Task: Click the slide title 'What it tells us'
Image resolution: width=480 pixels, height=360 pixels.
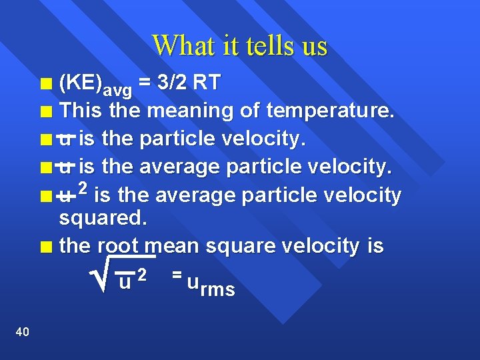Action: coord(240,46)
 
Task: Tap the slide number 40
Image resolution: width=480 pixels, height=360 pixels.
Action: coord(21,332)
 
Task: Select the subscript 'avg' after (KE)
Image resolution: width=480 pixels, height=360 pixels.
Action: coord(117,90)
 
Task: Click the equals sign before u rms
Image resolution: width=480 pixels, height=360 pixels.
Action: coord(176,274)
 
